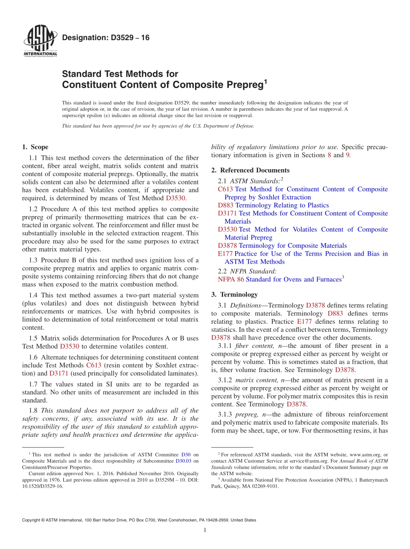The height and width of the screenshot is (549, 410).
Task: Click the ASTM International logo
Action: point(40,41)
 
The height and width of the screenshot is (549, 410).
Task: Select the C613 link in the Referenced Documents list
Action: point(225,189)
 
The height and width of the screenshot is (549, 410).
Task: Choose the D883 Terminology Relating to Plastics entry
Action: point(273,205)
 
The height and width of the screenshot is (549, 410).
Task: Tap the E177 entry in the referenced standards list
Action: point(225,254)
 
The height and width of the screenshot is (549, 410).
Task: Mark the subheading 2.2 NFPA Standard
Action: point(247,271)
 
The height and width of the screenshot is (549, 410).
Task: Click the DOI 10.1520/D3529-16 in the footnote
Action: point(42,486)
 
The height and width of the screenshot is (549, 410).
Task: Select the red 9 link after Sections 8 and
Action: point(348,155)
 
